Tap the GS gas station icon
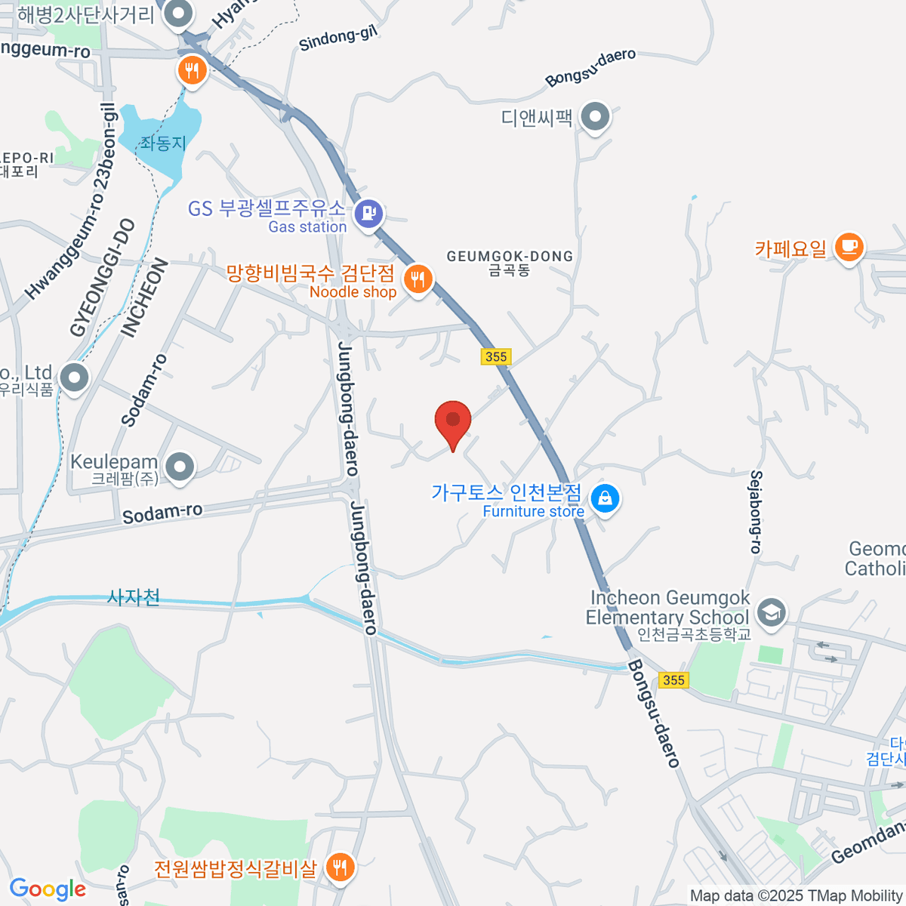pos(369,213)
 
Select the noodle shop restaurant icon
pos(417,279)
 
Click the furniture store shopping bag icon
pos(605,498)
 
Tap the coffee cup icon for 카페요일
pos(849,246)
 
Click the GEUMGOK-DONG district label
pos(510,262)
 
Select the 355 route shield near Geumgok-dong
pos(496,356)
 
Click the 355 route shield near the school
pos(673,679)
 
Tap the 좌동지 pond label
pos(162,142)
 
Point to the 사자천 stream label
pos(134,598)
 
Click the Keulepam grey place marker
pos(180,467)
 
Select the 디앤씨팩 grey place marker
pos(596,117)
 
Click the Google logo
pos(48,889)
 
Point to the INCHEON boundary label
pos(143,298)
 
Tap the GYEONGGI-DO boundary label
pos(103,278)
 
